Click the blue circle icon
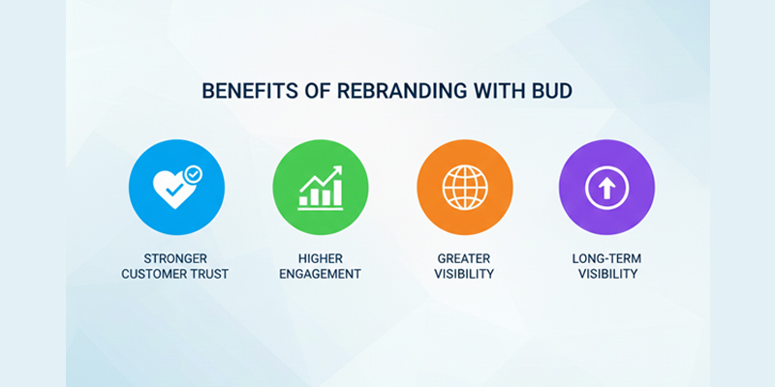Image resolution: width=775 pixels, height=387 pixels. click(176, 188)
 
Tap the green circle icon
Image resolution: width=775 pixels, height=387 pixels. click(320, 188)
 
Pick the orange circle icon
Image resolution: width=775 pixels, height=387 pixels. click(463, 188)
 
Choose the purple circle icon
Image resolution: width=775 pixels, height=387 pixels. click(606, 188)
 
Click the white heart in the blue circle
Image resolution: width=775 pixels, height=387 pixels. click(170, 192)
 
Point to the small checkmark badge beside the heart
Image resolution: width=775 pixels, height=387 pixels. click(195, 174)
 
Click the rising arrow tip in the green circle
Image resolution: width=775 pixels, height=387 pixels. click(337, 171)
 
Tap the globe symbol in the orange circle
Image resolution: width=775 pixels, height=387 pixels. click(463, 188)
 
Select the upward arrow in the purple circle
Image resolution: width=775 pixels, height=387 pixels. click(606, 188)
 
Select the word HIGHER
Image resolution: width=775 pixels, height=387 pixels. click(320, 257)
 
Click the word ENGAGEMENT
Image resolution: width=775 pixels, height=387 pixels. click(320, 274)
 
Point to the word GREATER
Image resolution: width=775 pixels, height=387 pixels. click(463, 257)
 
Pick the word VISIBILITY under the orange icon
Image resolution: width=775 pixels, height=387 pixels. click(463, 274)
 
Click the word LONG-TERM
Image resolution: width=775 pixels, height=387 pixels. click(606, 257)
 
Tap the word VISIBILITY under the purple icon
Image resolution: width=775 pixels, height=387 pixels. click(606, 274)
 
